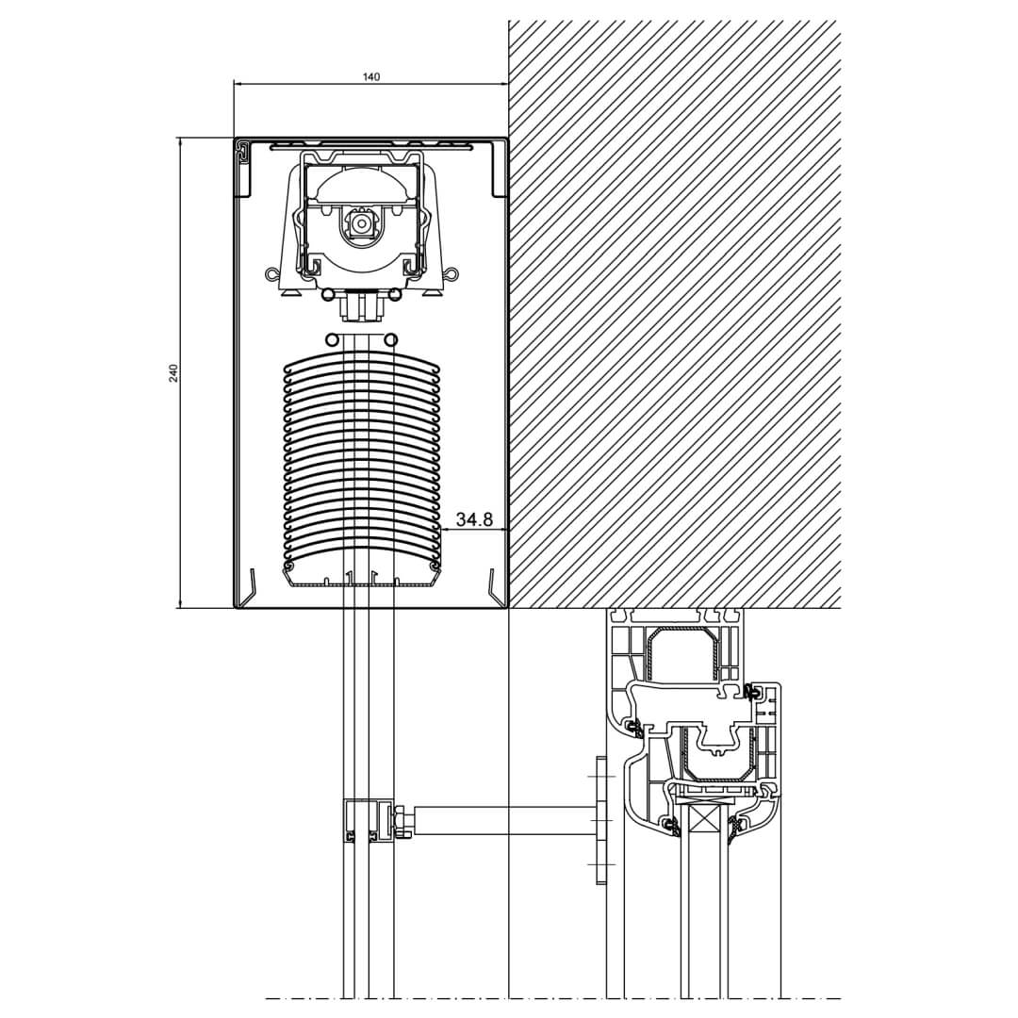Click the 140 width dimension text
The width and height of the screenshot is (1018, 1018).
click(371, 76)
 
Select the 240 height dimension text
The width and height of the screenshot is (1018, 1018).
click(173, 372)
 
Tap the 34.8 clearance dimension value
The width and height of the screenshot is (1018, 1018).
click(474, 519)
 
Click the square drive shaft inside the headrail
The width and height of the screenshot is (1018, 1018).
click(361, 223)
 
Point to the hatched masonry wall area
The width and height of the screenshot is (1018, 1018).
click(674, 311)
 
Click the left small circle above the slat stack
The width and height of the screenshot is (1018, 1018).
click(331, 339)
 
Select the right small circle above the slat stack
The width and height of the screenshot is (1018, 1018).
click(390, 339)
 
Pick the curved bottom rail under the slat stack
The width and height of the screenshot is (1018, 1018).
click(361, 578)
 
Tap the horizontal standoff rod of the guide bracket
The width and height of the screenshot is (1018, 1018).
click(504, 820)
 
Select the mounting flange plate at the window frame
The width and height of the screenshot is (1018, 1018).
click(601, 820)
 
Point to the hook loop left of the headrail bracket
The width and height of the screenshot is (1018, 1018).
click(272, 274)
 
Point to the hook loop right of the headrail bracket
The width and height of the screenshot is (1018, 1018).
click(452, 274)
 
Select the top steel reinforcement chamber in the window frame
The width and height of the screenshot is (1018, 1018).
click(682, 653)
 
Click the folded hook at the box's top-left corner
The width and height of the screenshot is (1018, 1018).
click(244, 152)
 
